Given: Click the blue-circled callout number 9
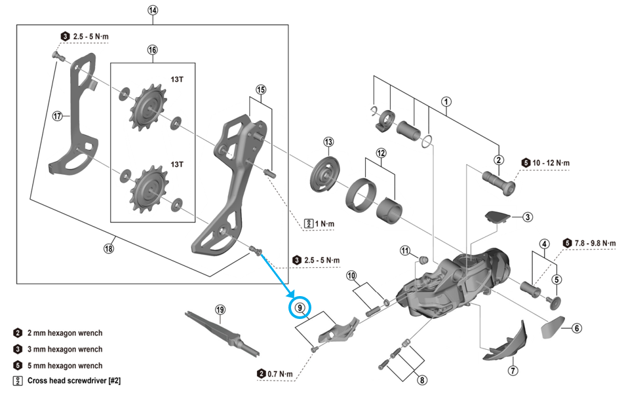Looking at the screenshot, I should click(x=301, y=307).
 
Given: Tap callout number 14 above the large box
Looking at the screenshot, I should click(x=153, y=10).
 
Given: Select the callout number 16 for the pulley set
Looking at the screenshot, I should click(x=153, y=50).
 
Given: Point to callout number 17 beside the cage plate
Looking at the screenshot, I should click(x=58, y=116).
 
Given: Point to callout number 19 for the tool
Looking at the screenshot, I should click(x=220, y=309).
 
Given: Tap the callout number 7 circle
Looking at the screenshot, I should click(x=513, y=371).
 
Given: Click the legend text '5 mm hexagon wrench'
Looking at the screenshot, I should click(x=65, y=365).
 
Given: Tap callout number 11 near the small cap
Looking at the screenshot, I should click(x=406, y=250).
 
